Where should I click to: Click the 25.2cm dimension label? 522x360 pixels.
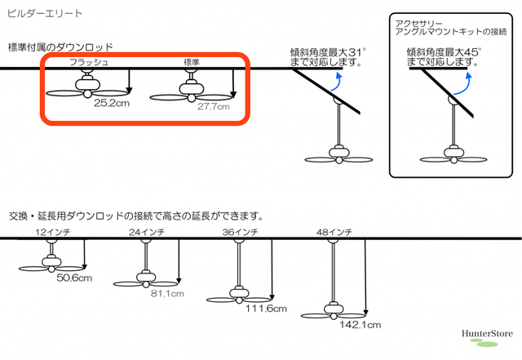coord(112,103)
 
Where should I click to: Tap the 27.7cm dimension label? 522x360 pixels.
coord(214,107)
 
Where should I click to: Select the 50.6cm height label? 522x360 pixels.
coord(74,278)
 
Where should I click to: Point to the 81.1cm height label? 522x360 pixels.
coord(167,294)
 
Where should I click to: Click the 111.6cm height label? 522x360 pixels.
coord(266,309)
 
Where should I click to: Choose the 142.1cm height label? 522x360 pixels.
coord(361,325)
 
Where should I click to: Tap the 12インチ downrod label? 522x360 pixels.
coord(53,232)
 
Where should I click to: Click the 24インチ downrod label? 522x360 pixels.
coord(147,232)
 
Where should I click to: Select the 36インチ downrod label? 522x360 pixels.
coord(241,232)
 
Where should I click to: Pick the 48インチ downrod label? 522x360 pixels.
coord(334,232)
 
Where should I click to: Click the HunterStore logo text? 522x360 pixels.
coord(487,334)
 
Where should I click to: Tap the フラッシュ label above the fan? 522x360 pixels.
coord(89,62)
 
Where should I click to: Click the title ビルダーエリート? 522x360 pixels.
coord(45,14)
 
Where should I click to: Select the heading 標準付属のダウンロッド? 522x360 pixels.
coord(60,47)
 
